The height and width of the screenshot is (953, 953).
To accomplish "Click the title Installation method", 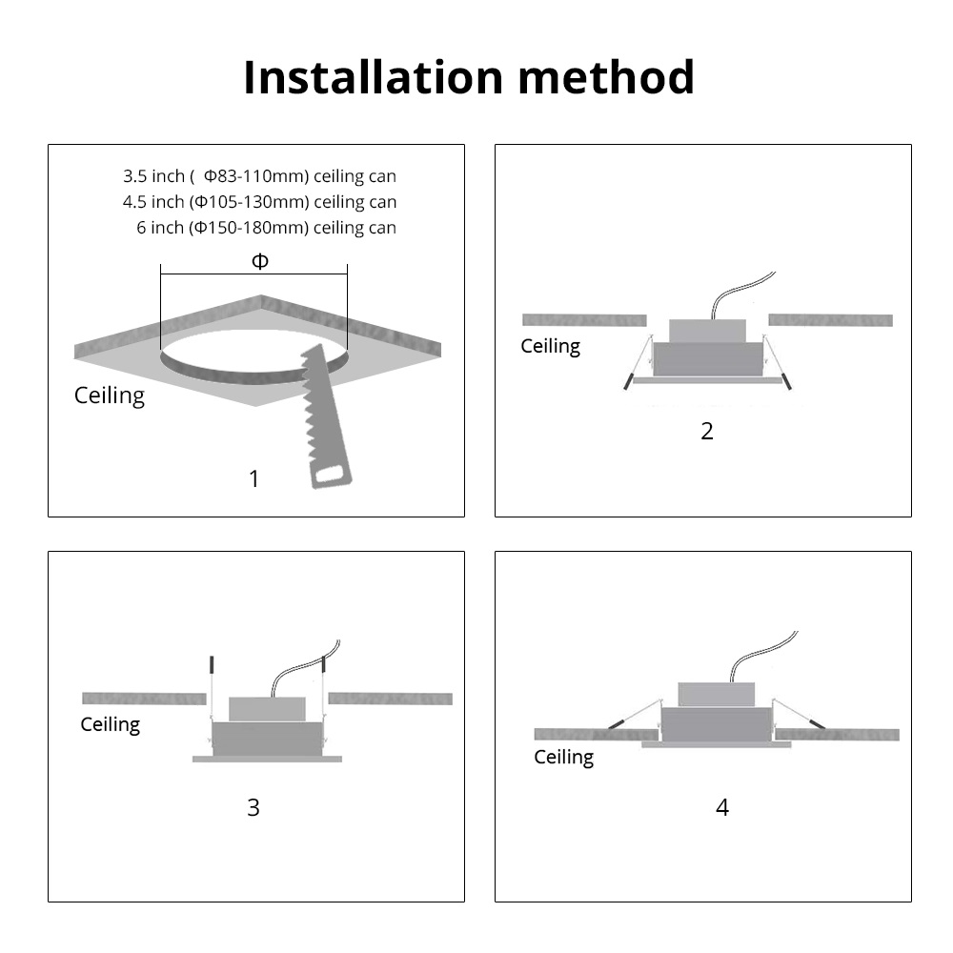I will click(468, 77).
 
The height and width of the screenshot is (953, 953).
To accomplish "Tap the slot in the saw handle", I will click(331, 473).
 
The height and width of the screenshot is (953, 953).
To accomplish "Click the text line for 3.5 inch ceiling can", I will click(259, 176).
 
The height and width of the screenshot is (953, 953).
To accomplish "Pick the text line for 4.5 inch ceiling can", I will click(259, 202).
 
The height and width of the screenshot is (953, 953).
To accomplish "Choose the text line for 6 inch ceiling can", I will click(266, 228).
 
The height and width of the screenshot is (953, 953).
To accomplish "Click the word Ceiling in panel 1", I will click(110, 395).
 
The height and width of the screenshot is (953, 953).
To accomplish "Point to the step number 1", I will click(253, 478).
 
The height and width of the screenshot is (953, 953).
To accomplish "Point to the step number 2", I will click(706, 431).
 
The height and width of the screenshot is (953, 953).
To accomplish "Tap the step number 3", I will click(253, 807).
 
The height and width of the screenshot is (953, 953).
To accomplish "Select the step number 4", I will click(722, 807).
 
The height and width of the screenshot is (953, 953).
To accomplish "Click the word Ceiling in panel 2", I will click(550, 346).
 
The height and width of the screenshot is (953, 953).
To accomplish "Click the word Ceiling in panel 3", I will click(110, 724).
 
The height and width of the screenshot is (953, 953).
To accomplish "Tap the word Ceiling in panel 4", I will click(563, 757).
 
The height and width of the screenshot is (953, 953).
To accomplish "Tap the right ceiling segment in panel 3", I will click(390, 699).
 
